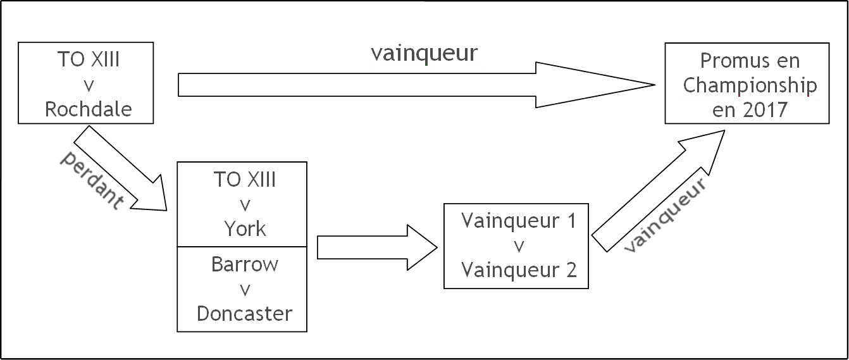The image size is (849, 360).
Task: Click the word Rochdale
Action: (x=88, y=109)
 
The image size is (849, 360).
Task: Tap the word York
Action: (x=245, y=228)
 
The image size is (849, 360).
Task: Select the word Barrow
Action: (x=245, y=264)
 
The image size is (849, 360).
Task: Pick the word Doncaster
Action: (x=245, y=313)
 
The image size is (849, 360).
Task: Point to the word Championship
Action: (x=750, y=85)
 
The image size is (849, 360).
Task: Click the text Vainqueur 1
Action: (x=519, y=221)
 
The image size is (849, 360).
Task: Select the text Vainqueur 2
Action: (x=519, y=270)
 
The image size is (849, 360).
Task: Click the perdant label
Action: (x=92, y=181)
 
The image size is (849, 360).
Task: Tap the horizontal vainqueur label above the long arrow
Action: (x=424, y=53)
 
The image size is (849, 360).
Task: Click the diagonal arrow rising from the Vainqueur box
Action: (x=658, y=190)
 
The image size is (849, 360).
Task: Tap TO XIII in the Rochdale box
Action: (x=88, y=61)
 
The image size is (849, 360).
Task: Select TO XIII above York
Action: (x=245, y=180)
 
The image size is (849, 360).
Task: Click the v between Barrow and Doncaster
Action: (x=245, y=289)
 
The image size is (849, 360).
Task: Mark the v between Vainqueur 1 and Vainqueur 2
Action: (x=519, y=245)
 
